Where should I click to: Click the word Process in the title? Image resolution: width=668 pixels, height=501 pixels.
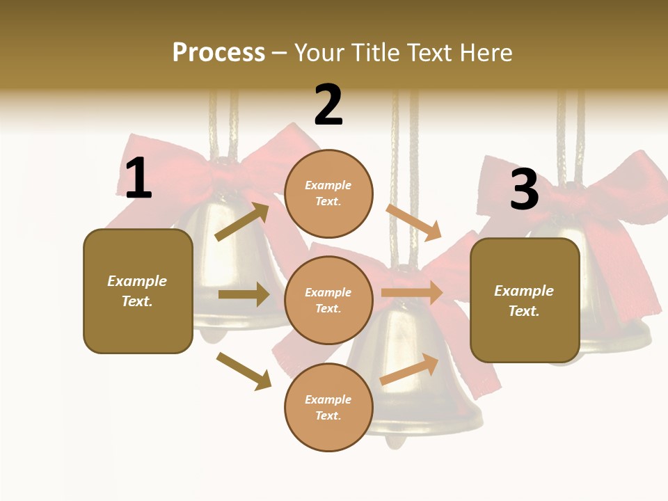pos(218,53)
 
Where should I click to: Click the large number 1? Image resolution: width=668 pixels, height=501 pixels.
pos(138,179)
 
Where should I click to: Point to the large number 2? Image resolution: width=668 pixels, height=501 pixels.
pos(328,106)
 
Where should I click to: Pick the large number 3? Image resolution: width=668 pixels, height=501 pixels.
pos(524,190)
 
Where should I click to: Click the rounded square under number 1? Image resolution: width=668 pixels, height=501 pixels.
pos(138,291)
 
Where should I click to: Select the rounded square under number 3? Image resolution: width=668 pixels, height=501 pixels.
pos(525,301)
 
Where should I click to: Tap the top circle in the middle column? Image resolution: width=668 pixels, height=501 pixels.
pos(328,193)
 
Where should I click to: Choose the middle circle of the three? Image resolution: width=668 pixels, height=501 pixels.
pos(328,300)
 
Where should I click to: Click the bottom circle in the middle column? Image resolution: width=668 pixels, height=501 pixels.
pos(328,407)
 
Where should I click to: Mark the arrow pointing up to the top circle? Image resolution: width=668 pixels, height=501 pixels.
pos(242,221)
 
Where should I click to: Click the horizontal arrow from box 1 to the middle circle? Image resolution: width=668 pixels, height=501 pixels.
pos(244,294)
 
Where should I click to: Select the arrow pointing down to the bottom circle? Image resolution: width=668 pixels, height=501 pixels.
pos(244,371)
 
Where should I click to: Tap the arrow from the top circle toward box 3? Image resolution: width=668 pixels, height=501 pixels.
pos(414,222)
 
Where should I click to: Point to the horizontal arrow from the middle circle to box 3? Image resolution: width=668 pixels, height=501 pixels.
pos(412,292)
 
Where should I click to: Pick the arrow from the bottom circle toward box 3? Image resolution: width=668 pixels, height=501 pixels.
pos(410,369)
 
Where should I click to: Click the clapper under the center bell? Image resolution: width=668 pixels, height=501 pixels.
pos(395,440)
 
